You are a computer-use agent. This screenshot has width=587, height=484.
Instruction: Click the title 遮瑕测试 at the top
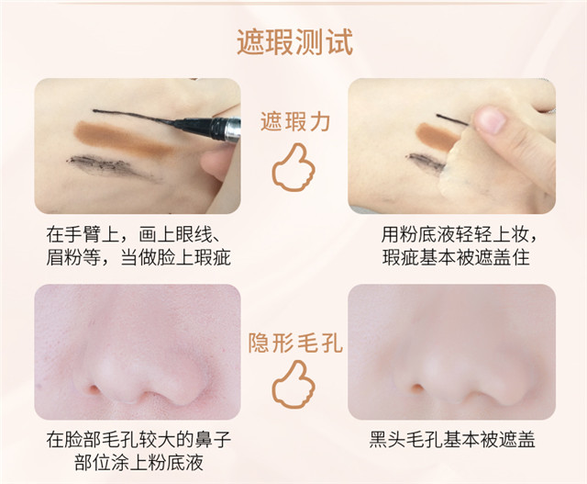[294, 42]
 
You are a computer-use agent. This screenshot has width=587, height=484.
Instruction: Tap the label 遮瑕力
[295, 121]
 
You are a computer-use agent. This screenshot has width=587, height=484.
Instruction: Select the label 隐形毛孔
[295, 343]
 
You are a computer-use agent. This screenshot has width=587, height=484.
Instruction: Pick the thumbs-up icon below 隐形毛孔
[293, 387]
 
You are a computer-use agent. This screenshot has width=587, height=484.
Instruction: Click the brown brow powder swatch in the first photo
[124, 138]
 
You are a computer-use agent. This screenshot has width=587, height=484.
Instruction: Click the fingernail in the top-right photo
[491, 121]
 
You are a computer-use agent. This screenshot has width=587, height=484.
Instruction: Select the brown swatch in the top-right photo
[437, 135]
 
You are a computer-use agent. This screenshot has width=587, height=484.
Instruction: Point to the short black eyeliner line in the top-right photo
[452, 119]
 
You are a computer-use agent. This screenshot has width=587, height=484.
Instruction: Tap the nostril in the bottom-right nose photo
[417, 388]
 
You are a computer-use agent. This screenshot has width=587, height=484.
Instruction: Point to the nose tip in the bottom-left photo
[112, 369]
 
